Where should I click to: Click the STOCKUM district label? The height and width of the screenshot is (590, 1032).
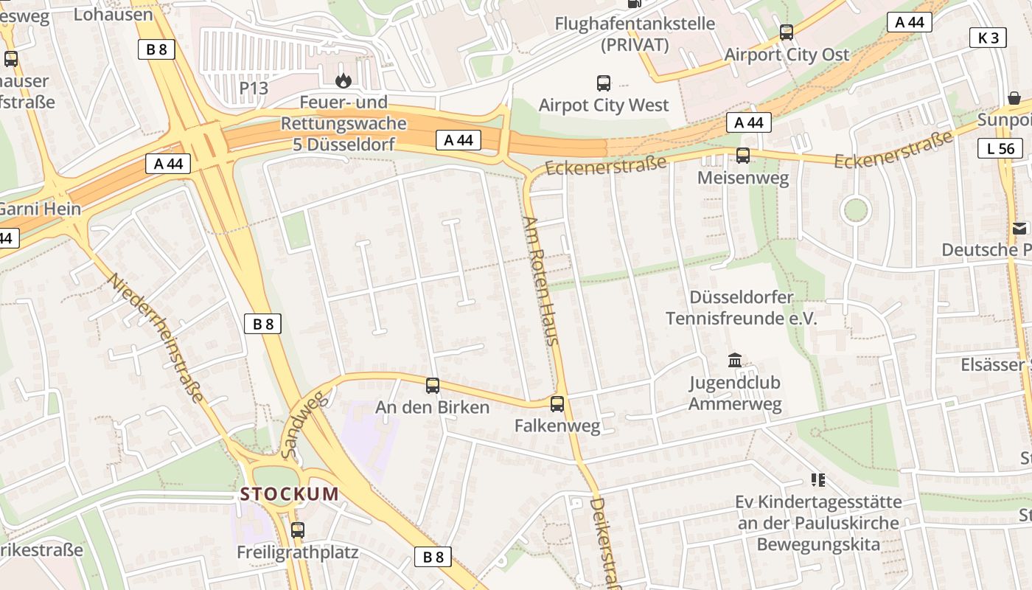290,493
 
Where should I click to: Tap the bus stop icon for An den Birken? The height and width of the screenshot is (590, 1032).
433,385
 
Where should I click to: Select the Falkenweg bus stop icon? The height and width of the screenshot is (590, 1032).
557,403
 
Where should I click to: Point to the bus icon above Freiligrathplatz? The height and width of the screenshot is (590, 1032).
298,530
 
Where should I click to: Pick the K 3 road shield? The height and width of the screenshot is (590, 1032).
988,38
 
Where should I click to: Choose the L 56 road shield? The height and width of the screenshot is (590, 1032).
1000,148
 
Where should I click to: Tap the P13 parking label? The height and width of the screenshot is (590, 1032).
254,88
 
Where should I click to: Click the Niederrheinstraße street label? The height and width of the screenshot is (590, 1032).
156,339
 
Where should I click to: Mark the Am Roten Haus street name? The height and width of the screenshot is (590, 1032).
542,280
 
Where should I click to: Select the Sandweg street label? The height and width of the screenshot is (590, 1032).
303,426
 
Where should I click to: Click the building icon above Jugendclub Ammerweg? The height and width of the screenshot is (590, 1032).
735,361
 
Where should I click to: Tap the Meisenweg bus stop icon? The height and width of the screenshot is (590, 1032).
743,156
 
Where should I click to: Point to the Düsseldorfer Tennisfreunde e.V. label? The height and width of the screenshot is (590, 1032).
742,308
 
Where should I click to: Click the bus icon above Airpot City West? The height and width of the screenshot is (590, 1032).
604,83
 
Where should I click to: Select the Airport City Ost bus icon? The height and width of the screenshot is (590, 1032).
787,32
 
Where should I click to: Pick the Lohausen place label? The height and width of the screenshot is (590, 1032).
114,13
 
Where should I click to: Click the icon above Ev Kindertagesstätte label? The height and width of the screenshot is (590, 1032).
817,480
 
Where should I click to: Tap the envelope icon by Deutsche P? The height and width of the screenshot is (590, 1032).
1019,229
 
